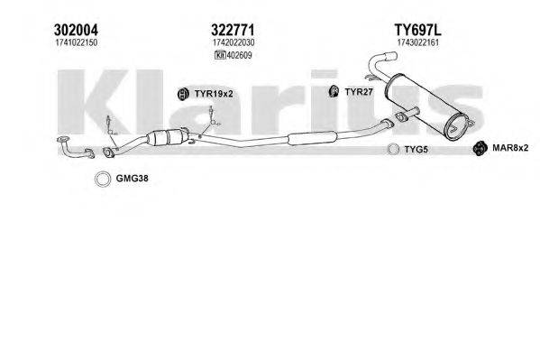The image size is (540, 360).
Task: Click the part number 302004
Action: (x=76, y=30)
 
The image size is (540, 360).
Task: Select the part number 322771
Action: (x=233, y=30)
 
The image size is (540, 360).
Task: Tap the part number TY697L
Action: (x=417, y=30)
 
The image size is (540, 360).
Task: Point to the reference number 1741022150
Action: (x=76, y=42)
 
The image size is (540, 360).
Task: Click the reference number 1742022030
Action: (x=233, y=42)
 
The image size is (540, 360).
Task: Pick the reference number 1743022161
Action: (x=418, y=42)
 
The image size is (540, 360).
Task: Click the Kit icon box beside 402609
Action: (x=220, y=55)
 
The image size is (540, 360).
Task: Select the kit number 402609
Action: (x=240, y=55)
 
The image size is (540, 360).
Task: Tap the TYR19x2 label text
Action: (x=214, y=94)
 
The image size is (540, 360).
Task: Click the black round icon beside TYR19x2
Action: (x=183, y=94)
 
